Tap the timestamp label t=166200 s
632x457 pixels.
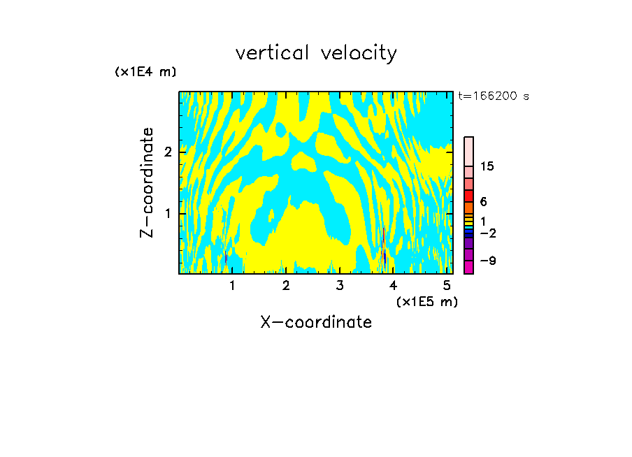[493, 96]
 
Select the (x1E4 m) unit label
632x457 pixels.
[145, 72]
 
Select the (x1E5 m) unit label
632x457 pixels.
[426, 301]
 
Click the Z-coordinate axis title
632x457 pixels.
[147, 182]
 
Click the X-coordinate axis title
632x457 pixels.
[316, 322]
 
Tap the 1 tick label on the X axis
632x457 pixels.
[232, 285]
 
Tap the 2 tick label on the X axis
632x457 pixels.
[286, 285]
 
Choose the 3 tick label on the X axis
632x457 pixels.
[340, 285]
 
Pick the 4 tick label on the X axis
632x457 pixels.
[393, 285]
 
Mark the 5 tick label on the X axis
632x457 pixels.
[447, 285]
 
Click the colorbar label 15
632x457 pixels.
[487, 166]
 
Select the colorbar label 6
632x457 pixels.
[484, 202]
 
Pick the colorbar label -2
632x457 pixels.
[487, 233]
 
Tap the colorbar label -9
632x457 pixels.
[487, 261]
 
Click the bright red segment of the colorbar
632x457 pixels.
[468, 196]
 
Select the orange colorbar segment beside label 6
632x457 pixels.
[468, 208]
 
